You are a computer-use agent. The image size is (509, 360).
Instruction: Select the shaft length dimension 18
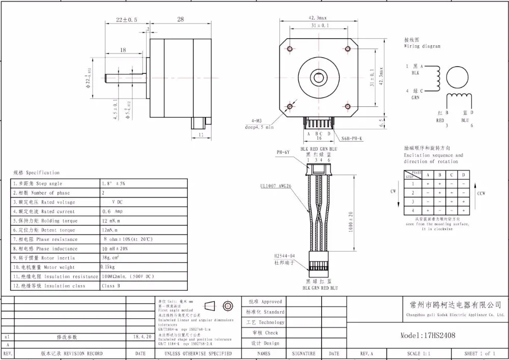123,50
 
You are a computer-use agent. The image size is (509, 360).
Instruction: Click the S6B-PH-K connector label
352,139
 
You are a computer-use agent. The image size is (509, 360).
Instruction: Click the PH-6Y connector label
283,152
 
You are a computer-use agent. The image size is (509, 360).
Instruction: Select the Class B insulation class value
111,286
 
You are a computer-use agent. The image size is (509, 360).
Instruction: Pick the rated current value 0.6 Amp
113,211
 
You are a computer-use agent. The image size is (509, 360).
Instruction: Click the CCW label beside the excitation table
481,193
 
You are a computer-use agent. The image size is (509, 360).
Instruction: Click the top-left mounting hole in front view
290,49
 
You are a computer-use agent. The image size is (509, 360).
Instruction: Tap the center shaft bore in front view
319,78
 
